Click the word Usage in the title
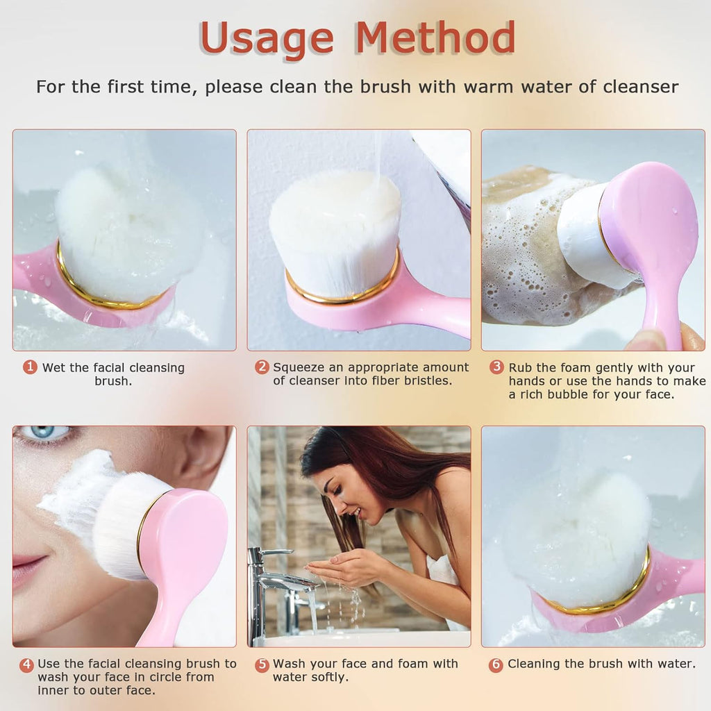coord(266,39)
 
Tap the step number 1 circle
coord(30,367)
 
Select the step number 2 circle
coord(262,367)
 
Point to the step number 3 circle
coord(496,367)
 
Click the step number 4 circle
coord(26,664)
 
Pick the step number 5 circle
coord(262,664)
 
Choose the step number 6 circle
coord(496,664)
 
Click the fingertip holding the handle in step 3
coord(649,340)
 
